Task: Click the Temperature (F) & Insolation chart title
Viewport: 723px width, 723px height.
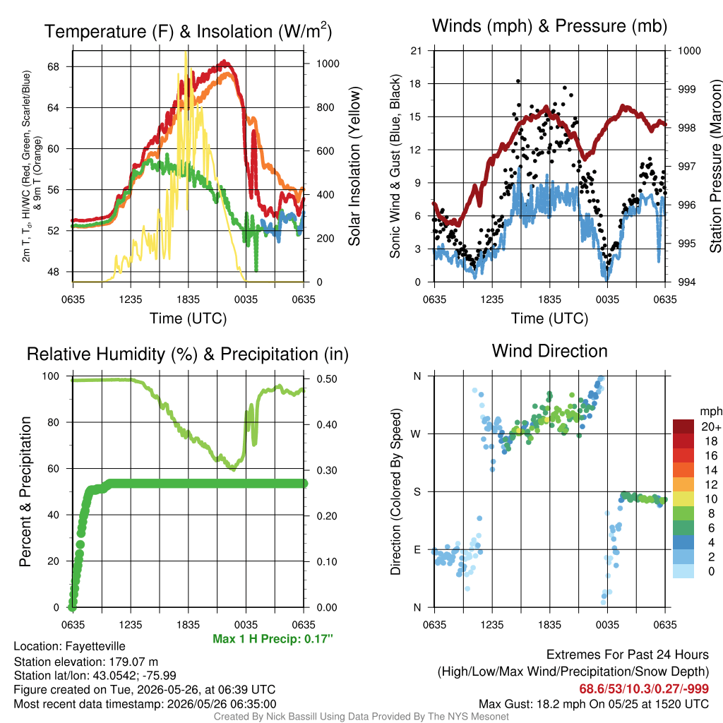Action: click(188, 31)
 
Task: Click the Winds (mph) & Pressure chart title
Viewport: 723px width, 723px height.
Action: click(549, 26)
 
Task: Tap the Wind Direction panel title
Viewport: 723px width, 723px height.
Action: click(549, 351)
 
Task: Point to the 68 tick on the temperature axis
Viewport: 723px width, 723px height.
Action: click(54, 67)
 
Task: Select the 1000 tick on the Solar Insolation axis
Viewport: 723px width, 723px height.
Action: click(328, 64)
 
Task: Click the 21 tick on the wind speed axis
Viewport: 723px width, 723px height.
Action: click(416, 51)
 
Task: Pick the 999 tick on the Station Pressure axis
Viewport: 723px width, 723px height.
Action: click(686, 90)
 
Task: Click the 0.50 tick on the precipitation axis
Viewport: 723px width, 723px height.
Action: click(327, 379)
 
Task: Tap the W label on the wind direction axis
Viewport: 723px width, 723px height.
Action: click(416, 434)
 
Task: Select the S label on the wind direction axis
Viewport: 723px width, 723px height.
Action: click(417, 492)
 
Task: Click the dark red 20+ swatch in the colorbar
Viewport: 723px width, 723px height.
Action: click(683, 426)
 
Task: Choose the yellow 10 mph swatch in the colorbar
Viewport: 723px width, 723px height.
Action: click(683, 499)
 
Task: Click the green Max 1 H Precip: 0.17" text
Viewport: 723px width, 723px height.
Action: click(273, 639)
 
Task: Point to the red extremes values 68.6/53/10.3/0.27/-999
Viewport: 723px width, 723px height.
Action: click(644, 689)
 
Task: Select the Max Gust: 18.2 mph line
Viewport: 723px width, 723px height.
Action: click(593, 704)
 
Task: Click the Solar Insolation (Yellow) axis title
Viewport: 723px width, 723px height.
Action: click(354, 166)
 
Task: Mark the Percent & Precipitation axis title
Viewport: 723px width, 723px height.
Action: click(25, 491)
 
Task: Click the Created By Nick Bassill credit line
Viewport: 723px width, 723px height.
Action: click(361, 717)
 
